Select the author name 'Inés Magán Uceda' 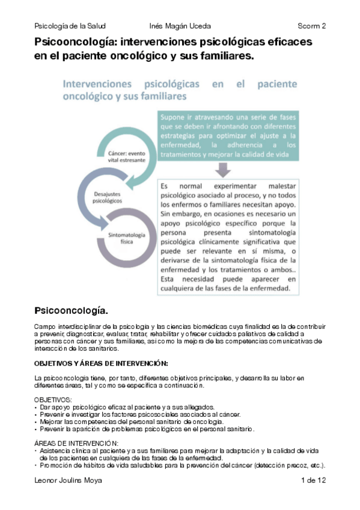click(180, 26)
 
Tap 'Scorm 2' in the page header click(311, 26)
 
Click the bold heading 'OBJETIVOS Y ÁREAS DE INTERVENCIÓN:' click(100, 364)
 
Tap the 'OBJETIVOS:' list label click(53, 400)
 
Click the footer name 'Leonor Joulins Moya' click(69, 481)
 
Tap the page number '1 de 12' click(313, 481)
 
